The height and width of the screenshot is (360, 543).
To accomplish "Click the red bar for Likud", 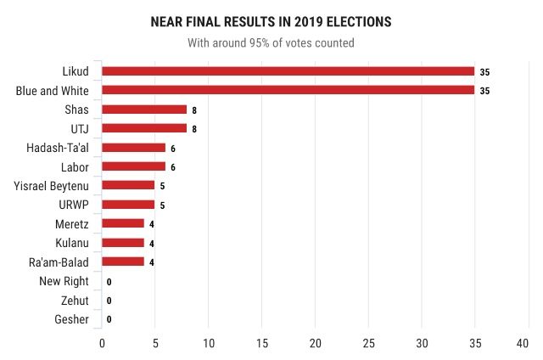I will click(x=288, y=71).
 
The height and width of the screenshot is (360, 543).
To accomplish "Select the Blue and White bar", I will click(x=288, y=90).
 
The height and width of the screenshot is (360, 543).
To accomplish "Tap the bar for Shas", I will click(x=144, y=110).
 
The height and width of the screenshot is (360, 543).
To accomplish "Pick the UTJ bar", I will click(x=144, y=128).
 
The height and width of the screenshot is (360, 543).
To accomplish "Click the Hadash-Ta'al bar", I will click(x=133, y=148).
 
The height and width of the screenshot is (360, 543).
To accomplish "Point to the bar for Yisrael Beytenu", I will click(x=128, y=185).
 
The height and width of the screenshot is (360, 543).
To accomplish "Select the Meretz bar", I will click(x=123, y=223).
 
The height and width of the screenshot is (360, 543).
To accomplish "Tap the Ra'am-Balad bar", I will click(x=123, y=262).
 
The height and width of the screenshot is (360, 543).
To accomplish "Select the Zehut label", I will click(x=75, y=300).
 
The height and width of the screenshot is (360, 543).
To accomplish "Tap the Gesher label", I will click(x=73, y=319).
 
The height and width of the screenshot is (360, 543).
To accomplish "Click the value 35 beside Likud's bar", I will click(x=484, y=71).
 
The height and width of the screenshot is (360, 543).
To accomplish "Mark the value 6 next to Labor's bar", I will click(x=172, y=166).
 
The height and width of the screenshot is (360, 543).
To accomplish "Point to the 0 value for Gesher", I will click(x=109, y=319).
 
